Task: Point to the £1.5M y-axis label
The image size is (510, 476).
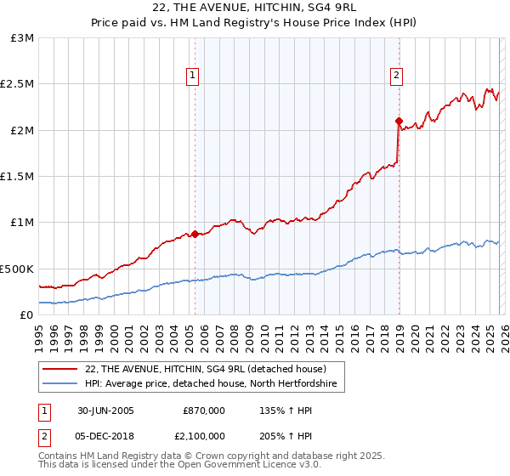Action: tap(17, 177)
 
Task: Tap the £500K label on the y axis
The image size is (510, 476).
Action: tap(17, 269)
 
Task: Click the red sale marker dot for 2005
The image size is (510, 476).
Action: tap(195, 234)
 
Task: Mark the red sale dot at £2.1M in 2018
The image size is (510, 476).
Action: tap(399, 121)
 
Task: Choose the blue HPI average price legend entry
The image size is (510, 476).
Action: tap(211, 384)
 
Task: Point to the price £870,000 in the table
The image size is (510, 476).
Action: tap(204, 410)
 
